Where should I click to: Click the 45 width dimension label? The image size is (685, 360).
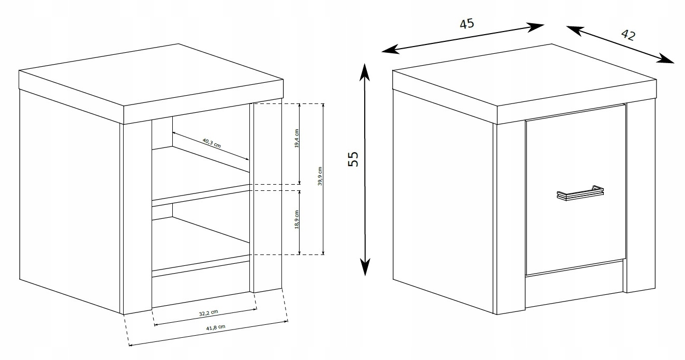pos(467,24)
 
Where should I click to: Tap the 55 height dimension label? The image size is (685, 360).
pos(354,159)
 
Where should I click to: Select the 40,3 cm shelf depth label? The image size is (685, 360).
pos(211,143)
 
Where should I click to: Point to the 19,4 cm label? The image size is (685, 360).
pos(296,138)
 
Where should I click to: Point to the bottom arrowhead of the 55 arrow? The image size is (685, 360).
pos(365,268)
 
